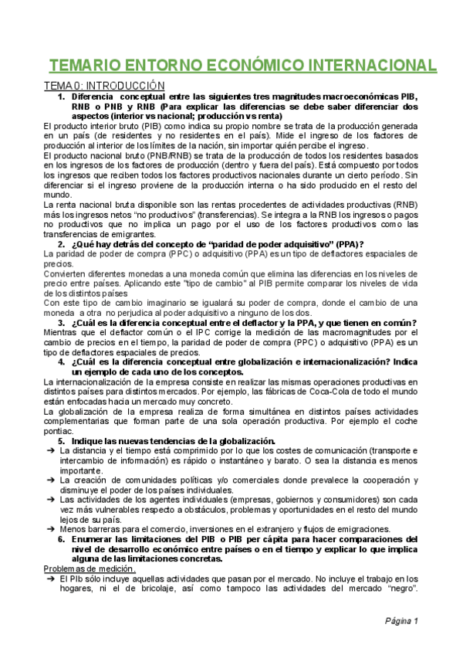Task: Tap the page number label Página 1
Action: (x=402, y=621)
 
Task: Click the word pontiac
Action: (x=62, y=431)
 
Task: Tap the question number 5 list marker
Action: (x=62, y=441)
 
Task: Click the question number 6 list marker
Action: (x=62, y=539)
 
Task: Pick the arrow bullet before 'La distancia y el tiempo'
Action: (x=49, y=450)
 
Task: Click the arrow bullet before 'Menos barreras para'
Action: (x=49, y=529)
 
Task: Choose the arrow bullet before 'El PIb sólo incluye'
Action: (x=49, y=579)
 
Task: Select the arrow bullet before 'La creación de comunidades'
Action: (x=49, y=480)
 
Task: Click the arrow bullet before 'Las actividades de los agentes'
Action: (x=49, y=500)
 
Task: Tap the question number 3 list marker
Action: (x=62, y=322)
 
